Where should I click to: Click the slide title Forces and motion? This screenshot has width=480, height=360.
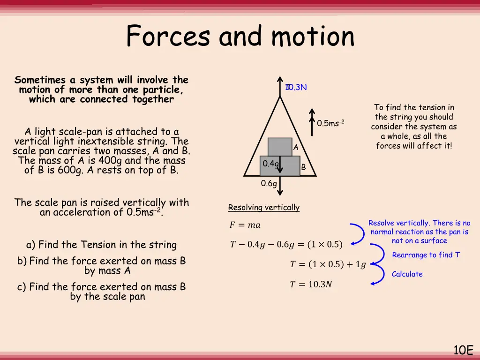pyautogui.click(x=240, y=36)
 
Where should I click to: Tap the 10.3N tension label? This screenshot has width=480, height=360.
pyautogui.click(x=296, y=88)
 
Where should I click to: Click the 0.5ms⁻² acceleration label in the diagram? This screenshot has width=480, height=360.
pyautogui.click(x=330, y=123)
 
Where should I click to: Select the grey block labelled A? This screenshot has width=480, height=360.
pyautogui.click(x=279, y=147)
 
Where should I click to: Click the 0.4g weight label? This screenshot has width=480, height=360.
pyautogui.click(x=270, y=164)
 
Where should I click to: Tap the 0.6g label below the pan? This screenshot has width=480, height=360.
pyautogui.click(x=269, y=184)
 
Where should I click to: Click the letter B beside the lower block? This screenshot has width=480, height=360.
pyautogui.click(x=303, y=167)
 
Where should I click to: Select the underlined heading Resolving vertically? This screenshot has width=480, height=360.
pyautogui.click(x=263, y=207)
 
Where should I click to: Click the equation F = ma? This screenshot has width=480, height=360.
pyautogui.click(x=245, y=225)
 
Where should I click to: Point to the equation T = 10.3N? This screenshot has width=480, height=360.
pyautogui.click(x=310, y=284)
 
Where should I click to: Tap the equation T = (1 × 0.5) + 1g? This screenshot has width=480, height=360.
pyautogui.click(x=328, y=264)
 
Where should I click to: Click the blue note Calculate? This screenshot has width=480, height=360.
pyautogui.click(x=407, y=274)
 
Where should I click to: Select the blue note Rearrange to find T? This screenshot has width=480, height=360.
pyautogui.click(x=426, y=255)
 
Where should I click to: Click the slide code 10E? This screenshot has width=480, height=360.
pyautogui.click(x=463, y=350)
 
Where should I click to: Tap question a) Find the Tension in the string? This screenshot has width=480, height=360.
pyautogui.click(x=102, y=245)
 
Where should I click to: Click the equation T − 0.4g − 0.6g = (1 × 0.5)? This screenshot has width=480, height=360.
pyautogui.click(x=286, y=244)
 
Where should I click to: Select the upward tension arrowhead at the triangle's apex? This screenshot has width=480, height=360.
pyautogui.click(x=280, y=80)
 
